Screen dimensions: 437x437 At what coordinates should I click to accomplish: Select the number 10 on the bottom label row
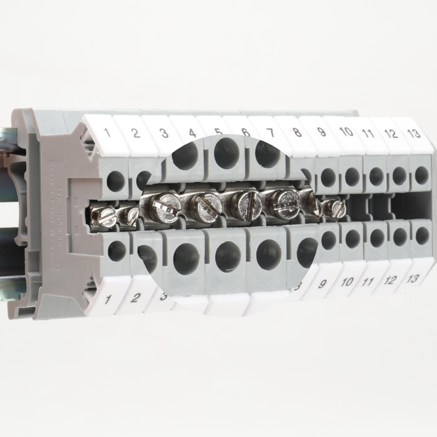pos(346,282)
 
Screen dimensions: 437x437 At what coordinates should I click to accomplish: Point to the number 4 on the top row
pos(192,133)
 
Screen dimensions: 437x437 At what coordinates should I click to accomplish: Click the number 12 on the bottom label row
pos(390,280)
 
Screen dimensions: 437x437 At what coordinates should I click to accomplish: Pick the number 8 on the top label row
pos(297,132)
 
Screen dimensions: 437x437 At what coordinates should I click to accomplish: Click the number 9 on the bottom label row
pos(321,284)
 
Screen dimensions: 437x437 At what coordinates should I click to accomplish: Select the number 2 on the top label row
pos(136,132)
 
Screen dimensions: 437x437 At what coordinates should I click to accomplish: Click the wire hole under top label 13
pos(421,175)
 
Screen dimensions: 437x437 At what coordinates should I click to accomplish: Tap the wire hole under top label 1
pos(115,181)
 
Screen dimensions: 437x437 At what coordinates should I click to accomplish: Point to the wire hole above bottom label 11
pos(377,238)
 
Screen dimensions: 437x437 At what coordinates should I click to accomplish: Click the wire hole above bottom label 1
pos(117,250)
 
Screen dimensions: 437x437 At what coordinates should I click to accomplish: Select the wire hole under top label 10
pos(352,176)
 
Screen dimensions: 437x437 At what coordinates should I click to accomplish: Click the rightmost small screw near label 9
pos(333,208)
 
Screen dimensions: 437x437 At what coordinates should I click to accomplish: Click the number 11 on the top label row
pos(367,133)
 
